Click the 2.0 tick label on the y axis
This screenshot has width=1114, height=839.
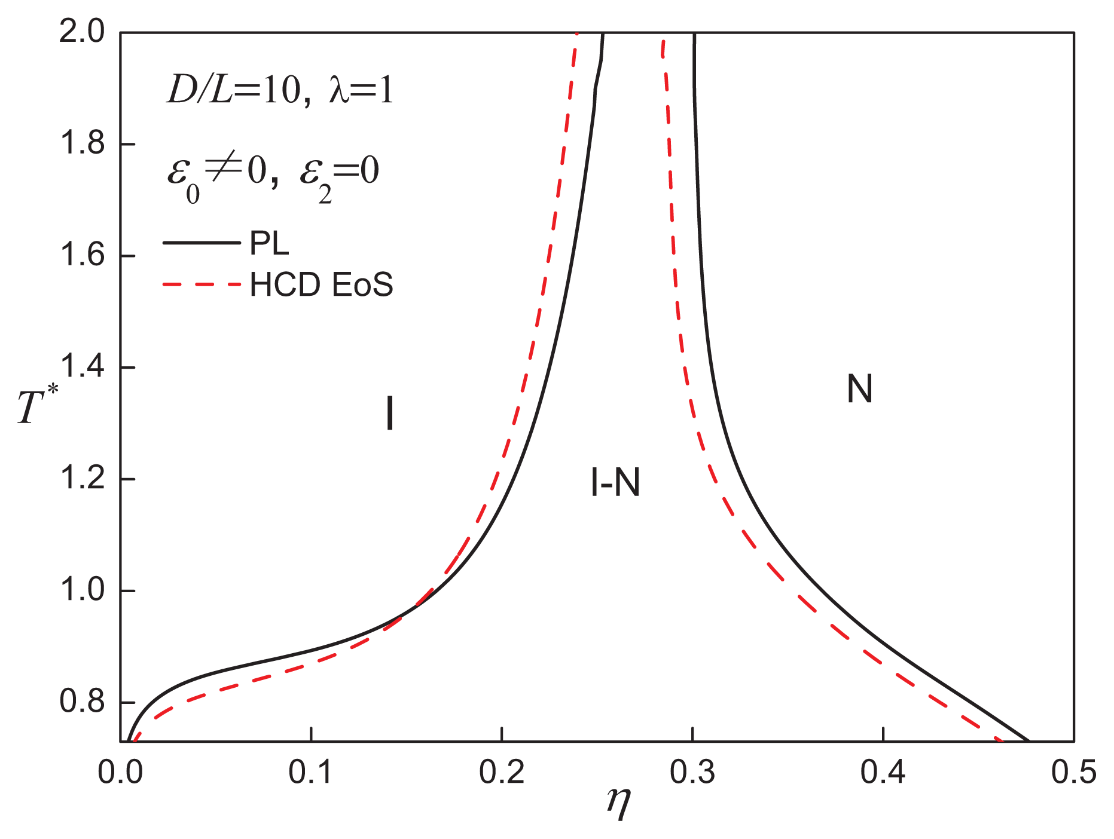click(x=82, y=32)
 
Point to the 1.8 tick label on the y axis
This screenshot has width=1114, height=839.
click(x=82, y=143)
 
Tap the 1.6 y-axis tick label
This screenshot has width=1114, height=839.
click(x=82, y=255)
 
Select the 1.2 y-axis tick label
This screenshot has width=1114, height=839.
click(x=82, y=479)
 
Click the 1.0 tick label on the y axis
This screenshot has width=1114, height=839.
click(x=82, y=590)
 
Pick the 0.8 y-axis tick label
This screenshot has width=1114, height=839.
click(x=82, y=702)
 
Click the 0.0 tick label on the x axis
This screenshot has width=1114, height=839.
click(x=120, y=772)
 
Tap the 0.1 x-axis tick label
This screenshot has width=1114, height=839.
click(x=311, y=772)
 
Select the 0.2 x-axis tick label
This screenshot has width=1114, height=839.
click(x=502, y=772)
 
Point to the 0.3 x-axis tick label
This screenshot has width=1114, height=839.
click(x=692, y=772)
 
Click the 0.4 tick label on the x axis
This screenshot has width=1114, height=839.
click(x=883, y=772)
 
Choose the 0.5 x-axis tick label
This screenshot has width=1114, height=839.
click(x=1074, y=772)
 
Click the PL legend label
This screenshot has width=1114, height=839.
click(x=269, y=243)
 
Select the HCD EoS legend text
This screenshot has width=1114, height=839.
click(x=321, y=284)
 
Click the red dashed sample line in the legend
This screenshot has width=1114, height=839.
click(x=201, y=284)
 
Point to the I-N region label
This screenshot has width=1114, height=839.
click(x=615, y=482)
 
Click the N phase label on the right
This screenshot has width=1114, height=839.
click(x=860, y=388)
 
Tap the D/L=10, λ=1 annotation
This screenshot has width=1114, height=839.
click(x=280, y=91)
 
